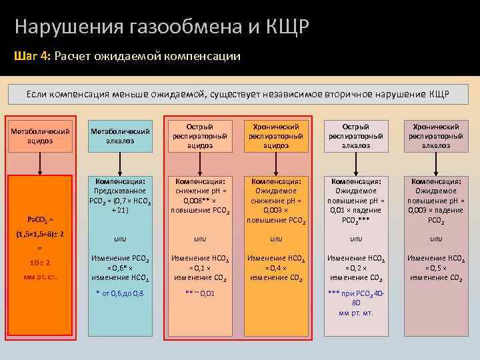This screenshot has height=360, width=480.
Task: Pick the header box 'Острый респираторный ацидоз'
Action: [x=200, y=135]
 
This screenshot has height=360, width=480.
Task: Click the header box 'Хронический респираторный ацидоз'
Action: [x=276, y=135]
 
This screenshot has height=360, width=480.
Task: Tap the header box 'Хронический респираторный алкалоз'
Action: [x=436, y=135]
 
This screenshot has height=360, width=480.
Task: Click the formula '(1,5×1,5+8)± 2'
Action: [x=41, y=235]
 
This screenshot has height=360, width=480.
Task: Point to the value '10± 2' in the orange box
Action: [x=40, y=263]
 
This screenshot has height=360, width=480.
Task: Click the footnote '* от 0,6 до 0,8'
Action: [x=120, y=293]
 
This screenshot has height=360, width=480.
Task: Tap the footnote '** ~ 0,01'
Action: [x=200, y=293]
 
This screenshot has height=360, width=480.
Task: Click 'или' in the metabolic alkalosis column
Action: [x=120, y=239]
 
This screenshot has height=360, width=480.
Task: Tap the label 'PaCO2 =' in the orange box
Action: [x=41, y=219]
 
